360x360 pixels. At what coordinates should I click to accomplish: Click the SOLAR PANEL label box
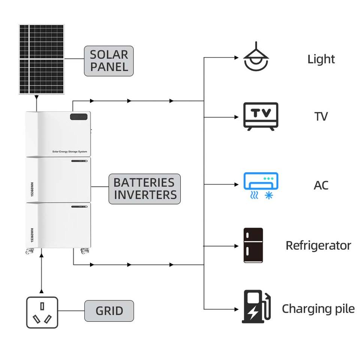[x=109, y=61]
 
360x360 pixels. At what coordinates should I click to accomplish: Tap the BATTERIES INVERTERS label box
[x=145, y=189]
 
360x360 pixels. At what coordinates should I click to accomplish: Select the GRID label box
[x=109, y=311]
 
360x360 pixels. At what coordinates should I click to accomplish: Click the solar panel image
[x=42, y=59]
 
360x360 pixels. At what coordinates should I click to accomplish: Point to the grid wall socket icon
[x=42, y=312]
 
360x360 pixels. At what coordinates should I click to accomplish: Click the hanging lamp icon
[x=256, y=56]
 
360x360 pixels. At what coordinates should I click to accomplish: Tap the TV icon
[x=261, y=116]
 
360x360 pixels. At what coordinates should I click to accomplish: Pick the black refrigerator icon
[x=253, y=245]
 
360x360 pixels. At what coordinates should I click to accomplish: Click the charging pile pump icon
[x=256, y=306]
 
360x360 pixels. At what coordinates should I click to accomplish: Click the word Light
[x=321, y=59]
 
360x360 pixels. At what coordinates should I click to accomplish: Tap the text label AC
[x=321, y=185]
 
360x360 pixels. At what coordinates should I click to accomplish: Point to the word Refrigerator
[x=318, y=245]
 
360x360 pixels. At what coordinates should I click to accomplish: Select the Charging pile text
[x=318, y=309]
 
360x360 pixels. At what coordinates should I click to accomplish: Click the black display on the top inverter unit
[x=79, y=117]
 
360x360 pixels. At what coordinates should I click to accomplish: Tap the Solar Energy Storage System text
[x=70, y=151]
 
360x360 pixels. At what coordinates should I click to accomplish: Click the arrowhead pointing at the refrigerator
[x=237, y=246]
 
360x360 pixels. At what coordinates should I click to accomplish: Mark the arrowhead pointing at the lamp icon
[x=237, y=58]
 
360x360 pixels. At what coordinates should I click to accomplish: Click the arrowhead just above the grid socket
[x=41, y=291]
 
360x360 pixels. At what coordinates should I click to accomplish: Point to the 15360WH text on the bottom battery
[x=32, y=235]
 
